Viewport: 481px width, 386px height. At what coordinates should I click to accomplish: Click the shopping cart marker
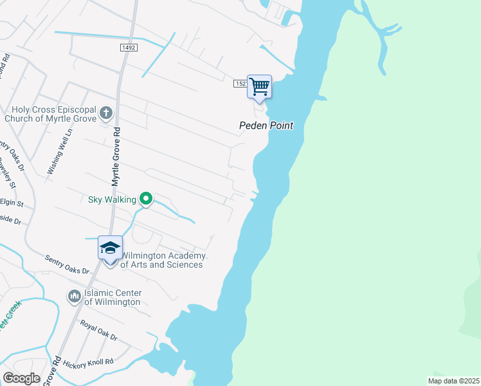tap(259, 87)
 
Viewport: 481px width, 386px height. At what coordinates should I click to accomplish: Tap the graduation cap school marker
tap(110, 248)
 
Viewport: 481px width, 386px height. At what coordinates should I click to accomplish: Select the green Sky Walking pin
tap(146, 199)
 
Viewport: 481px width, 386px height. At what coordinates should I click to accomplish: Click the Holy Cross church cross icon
tap(106, 115)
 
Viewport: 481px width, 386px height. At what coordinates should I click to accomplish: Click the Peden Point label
tap(266, 126)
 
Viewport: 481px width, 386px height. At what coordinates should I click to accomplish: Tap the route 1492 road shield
tap(128, 48)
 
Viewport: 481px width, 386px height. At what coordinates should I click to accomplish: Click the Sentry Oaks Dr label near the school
tap(67, 264)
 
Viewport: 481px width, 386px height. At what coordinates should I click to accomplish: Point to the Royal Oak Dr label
tap(98, 330)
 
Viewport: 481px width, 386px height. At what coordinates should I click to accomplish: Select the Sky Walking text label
tap(112, 199)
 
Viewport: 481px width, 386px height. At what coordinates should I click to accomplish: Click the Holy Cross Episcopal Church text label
tap(50, 114)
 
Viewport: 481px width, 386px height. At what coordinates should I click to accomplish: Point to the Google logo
tap(21, 378)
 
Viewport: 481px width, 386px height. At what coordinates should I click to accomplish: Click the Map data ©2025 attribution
tap(453, 381)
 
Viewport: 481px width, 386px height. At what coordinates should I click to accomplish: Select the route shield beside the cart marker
tap(240, 84)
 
